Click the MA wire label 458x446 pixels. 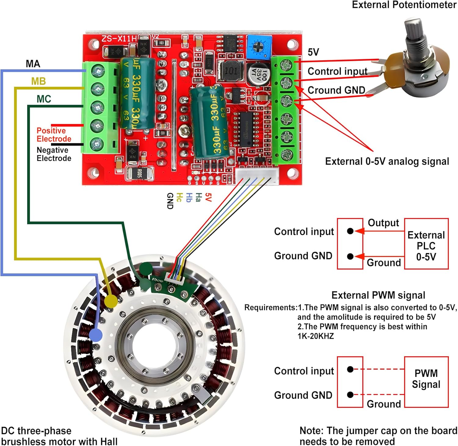[33, 64]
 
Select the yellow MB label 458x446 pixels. [38, 81]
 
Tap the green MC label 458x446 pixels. [44, 99]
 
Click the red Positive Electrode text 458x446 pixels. [54, 135]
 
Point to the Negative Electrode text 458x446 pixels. [54, 154]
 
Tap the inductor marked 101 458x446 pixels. [231, 71]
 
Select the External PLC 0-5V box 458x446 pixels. [426, 244]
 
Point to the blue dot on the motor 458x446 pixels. [96, 335]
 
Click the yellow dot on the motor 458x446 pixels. [111, 302]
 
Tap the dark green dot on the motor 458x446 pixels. [146, 269]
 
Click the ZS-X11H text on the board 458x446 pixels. [119, 39]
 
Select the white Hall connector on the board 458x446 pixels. [256, 177]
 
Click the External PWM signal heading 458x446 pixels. [378, 295]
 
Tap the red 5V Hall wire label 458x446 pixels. [208, 197]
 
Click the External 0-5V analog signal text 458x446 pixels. [387, 161]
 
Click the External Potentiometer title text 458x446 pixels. [404, 5]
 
